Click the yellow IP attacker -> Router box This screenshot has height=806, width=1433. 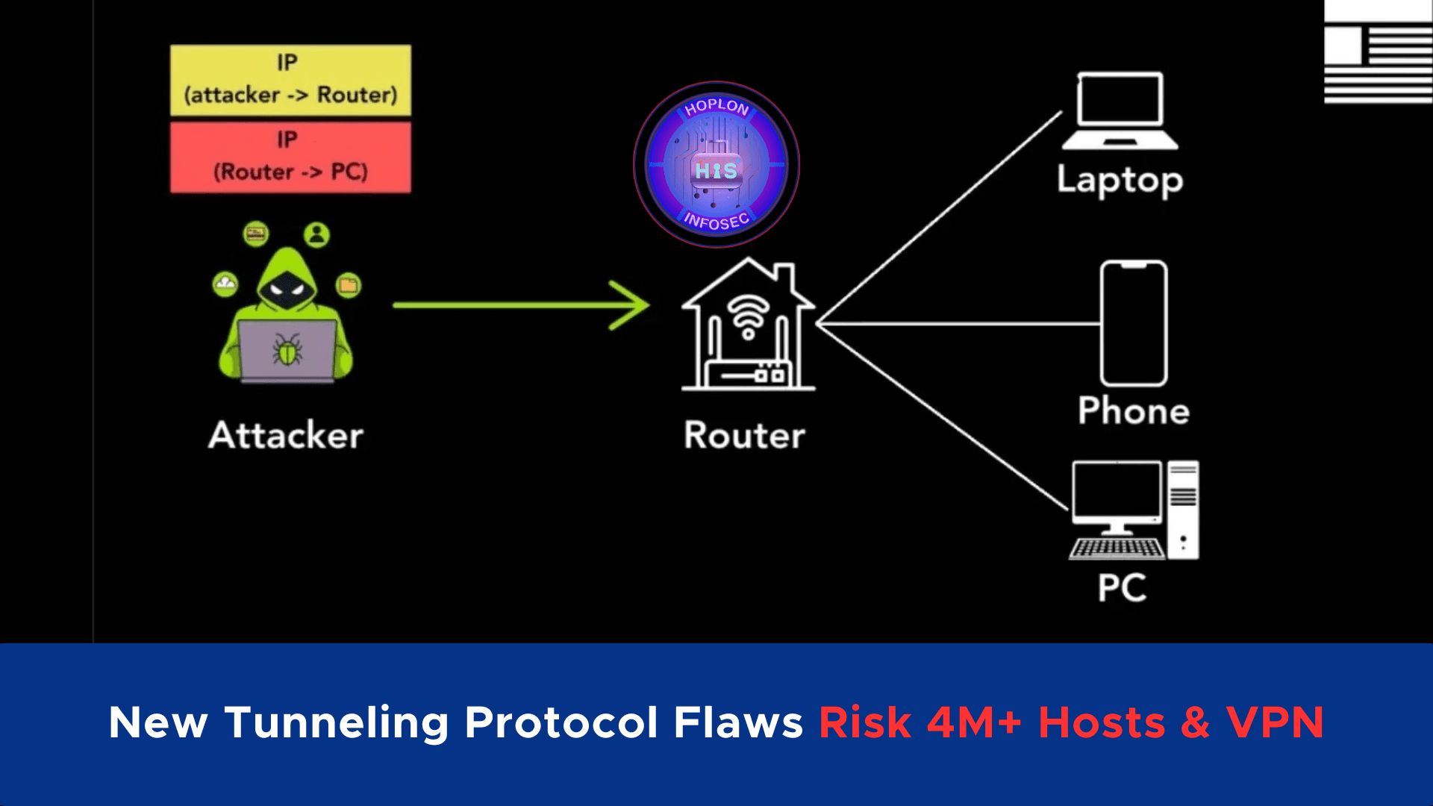click(x=290, y=80)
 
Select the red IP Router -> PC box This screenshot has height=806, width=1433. click(x=290, y=157)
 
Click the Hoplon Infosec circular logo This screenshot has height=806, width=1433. click(x=716, y=164)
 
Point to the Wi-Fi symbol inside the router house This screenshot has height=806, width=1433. click(x=749, y=316)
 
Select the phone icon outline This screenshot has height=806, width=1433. click(x=1134, y=323)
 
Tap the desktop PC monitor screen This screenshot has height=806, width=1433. click(x=1117, y=490)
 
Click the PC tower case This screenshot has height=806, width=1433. click(x=1183, y=510)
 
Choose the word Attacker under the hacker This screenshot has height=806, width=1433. click(x=286, y=435)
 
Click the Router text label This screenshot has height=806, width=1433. click(x=745, y=435)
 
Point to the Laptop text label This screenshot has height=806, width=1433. click(x=1120, y=181)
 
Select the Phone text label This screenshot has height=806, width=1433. click(x=1134, y=410)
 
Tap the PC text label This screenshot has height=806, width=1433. click(x=1122, y=587)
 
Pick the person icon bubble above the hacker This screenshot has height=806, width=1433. click(x=316, y=235)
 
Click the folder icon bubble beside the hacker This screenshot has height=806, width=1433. click(x=348, y=284)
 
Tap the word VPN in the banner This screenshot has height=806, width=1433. click(x=1275, y=722)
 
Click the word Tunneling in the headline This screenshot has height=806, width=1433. click(x=337, y=722)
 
